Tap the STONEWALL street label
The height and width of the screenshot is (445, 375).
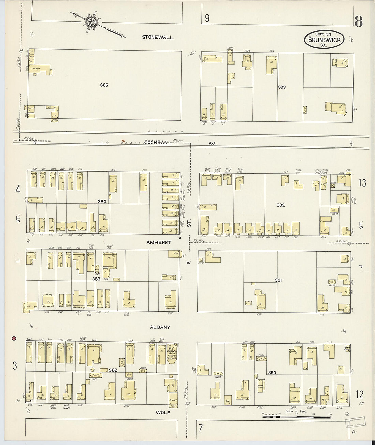coord(157,37)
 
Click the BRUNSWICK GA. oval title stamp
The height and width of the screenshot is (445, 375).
coord(324,40)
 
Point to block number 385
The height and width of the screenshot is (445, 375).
coord(104,85)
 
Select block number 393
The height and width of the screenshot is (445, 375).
coord(282,87)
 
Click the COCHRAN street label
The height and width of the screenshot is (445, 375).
coord(156,143)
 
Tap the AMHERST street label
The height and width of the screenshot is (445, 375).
coord(159,242)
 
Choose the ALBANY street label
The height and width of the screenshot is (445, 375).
coord(160,327)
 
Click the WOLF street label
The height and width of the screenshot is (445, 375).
coord(163,412)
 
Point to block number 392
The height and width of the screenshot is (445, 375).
coord(281,205)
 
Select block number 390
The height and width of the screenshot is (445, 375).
coord(272,373)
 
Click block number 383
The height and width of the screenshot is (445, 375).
coord(96,279)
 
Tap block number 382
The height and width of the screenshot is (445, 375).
coord(113,370)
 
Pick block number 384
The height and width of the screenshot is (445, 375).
coord(102,202)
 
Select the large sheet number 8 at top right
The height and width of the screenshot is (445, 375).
coord(358,21)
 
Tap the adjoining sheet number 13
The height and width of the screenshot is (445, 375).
coord(362,182)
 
